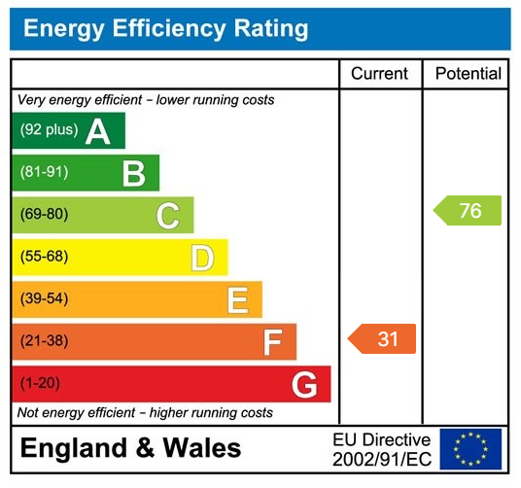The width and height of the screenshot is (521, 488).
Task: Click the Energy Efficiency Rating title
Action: (x=165, y=29)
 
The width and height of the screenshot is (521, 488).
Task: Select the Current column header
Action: (x=380, y=74)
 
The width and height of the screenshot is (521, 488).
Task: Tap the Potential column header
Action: (x=468, y=74)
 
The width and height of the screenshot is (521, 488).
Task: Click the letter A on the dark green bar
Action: (x=97, y=130)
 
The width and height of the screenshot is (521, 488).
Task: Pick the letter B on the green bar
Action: (x=133, y=173)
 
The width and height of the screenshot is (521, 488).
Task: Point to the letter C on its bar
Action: (x=167, y=215)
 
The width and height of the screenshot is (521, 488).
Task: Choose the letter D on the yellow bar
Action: (x=201, y=258)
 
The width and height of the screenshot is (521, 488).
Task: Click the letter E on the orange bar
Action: (x=236, y=299)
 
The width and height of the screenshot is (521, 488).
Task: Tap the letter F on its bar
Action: (x=271, y=342)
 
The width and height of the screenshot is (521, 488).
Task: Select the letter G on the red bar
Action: (x=304, y=385)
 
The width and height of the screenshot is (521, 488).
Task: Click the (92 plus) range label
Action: (x=49, y=130)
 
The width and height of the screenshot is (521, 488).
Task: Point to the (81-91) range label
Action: (x=44, y=173)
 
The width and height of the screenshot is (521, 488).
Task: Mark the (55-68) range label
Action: (x=44, y=258)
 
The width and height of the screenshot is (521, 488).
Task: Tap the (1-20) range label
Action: (x=40, y=384)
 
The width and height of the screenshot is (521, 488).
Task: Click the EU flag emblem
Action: (x=470, y=449)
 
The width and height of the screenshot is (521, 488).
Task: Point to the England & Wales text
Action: (x=130, y=448)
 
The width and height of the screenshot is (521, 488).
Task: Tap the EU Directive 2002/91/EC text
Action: (x=381, y=449)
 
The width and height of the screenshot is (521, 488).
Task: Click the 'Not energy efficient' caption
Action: (x=145, y=413)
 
